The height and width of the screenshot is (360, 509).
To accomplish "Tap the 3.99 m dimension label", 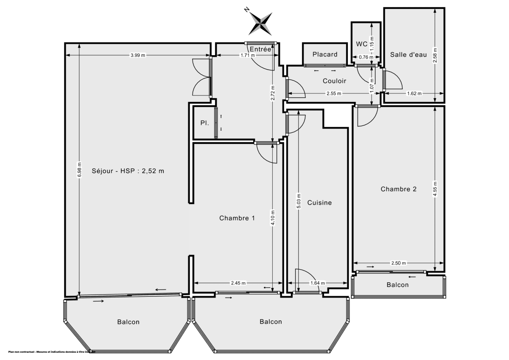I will click(138, 55).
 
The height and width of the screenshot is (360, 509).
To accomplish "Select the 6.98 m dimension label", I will click(79, 170).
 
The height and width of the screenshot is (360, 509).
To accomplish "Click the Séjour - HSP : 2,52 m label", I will click(128, 172).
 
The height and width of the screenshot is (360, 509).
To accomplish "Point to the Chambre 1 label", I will click(237, 218).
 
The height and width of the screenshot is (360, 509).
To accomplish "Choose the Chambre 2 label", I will click(398, 189).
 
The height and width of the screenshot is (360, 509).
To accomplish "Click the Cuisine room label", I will click(319, 203).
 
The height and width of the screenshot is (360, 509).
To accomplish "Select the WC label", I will click(361, 44).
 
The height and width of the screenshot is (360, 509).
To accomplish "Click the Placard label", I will click(325, 54).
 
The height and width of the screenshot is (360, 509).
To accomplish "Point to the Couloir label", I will click(334, 81).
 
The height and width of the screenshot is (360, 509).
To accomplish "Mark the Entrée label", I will click(260, 49).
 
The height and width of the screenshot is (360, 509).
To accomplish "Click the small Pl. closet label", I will click(204, 123).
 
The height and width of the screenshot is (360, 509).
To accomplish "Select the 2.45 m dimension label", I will click(238, 283).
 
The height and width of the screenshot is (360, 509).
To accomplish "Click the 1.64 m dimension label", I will click(318, 283).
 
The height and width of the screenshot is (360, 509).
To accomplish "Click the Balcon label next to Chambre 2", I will click(397, 285).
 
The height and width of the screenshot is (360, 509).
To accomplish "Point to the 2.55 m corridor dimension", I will click(333, 94).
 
